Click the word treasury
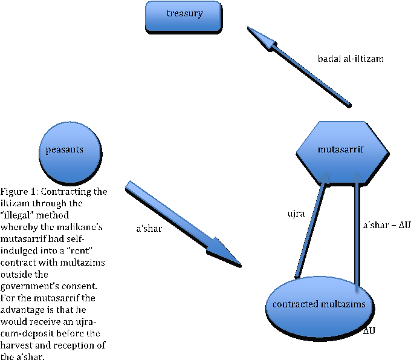184,13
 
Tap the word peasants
65,149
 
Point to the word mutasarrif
341,149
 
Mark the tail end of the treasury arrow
348,103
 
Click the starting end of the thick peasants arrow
129,185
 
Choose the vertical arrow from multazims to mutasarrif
358,230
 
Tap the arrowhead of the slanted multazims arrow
326,177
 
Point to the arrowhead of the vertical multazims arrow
358,177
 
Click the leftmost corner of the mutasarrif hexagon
297,151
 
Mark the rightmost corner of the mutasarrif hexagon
387,151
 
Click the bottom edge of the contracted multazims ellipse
319,336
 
